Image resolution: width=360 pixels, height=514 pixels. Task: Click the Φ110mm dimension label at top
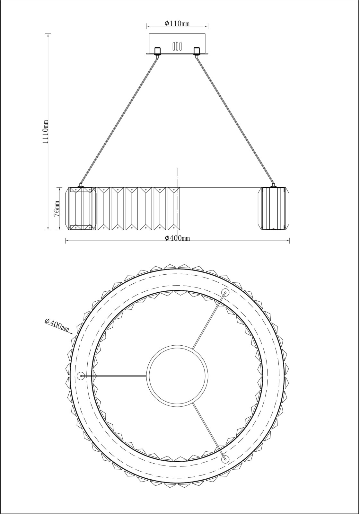177,23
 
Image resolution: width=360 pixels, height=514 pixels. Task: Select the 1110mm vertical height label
45,132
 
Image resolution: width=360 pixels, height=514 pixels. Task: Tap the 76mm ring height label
57,208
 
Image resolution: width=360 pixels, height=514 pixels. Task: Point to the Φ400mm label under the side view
177,238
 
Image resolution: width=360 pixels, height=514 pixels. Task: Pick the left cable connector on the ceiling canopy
158,52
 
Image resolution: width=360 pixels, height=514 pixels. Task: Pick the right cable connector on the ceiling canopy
197,52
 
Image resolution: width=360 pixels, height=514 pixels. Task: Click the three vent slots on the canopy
177,46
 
